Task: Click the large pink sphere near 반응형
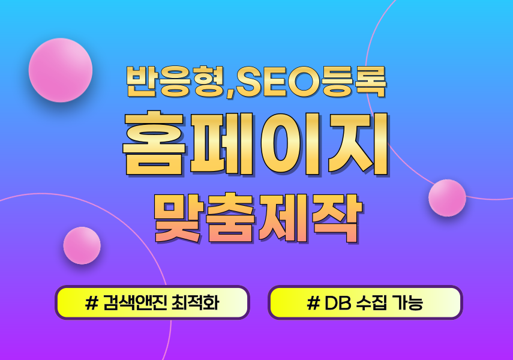[x=61, y=70]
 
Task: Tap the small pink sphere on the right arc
[x=447, y=197]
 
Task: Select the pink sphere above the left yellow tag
[x=82, y=245]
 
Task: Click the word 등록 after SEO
[x=354, y=82]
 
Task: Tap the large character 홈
[x=154, y=143]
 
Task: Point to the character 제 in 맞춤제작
[x=283, y=217]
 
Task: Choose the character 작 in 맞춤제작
[x=337, y=217]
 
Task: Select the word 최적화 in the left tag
[x=196, y=303]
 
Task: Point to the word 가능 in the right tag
[x=407, y=303]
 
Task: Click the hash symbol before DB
[x=313, y=304]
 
